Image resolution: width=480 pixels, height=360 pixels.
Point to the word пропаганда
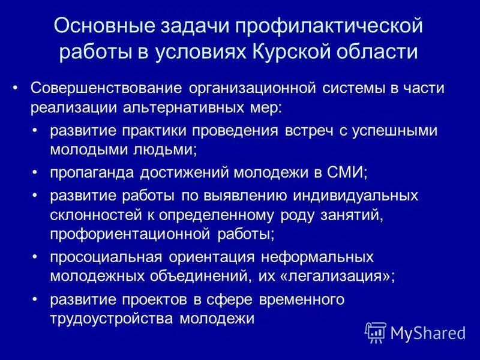[93, 173]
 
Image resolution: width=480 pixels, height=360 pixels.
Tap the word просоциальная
[106, 257]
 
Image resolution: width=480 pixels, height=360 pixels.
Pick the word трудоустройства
[112, 319]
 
